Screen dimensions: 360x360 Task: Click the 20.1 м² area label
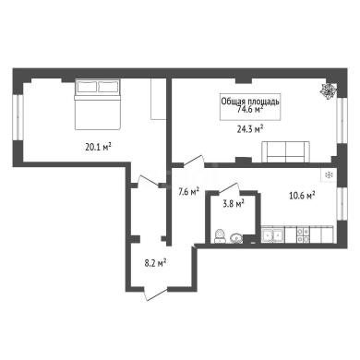coord(98,147)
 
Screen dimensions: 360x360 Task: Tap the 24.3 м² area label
coord(250,128)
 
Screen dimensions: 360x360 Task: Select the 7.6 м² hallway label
coord(189,192)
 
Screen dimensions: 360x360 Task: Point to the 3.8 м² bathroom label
coord(234,203)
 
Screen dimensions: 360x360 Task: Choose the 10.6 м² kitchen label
coord(302,195)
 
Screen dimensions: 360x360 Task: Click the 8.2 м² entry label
coord(155,263)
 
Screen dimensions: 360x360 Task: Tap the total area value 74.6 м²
coord(250,109)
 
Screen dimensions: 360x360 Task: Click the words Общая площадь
coord(250,102)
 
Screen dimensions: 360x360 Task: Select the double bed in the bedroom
coord(97,104)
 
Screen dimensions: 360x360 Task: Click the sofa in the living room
coord(285,151)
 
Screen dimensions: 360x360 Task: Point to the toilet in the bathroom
coord(219,236)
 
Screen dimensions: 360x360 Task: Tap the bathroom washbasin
coord(235,238)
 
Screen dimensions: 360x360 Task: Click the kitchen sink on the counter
coord(272,234)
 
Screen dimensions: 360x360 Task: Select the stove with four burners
coord(303,234)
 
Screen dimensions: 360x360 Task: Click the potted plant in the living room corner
coord(329,90)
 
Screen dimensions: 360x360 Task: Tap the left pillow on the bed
coord(87,87)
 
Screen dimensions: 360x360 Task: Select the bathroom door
coord(229,188)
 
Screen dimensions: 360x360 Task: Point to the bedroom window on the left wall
coord(18,119)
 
